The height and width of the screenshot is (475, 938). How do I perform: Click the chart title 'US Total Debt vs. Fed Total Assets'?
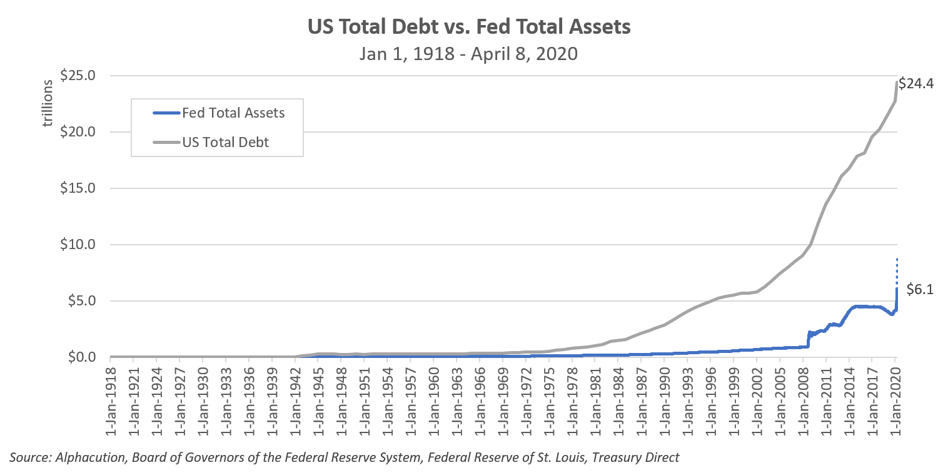point(468,28)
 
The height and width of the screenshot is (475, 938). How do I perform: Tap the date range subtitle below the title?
point(468,54)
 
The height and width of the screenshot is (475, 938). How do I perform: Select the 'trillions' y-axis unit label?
point(48,106)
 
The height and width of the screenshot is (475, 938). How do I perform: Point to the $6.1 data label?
point(920,289)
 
